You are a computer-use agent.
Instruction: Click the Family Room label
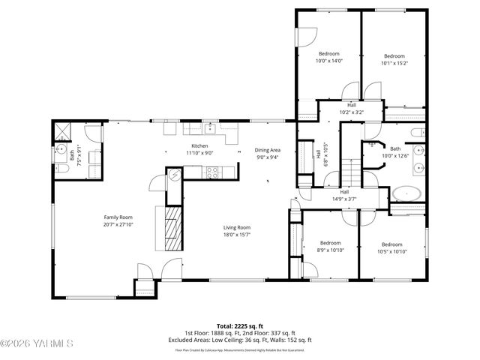point(118,217)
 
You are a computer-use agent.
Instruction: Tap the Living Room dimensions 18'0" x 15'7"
point(236,235)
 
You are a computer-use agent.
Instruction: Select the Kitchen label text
point(199,145)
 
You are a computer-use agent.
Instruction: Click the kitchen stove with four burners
point(212,171)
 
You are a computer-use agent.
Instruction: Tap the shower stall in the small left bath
point(61,133)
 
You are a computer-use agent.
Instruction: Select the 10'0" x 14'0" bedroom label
point(328,54)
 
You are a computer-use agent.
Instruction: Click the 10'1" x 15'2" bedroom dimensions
point(394,64)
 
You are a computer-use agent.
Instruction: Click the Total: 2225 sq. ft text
point(239,326)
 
